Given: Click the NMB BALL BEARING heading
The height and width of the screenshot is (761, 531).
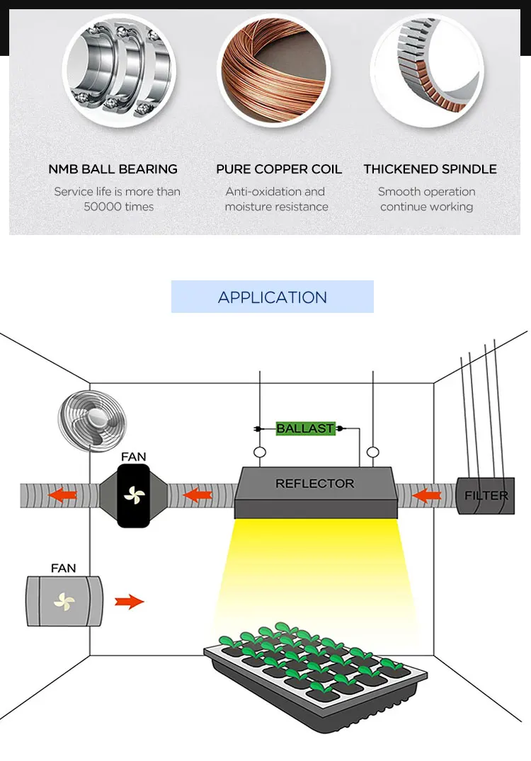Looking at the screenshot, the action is click(x=113, y=169).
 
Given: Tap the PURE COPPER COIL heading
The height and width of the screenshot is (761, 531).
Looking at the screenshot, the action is click(x=279, y=169).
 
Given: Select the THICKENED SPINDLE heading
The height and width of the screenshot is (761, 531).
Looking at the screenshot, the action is click(x=430, y=169).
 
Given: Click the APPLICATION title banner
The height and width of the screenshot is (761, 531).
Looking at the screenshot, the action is click(x=273, y=297).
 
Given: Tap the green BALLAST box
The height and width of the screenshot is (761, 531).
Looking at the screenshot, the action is click(x=305, y=428).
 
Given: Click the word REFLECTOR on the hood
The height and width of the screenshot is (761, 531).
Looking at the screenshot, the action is click(x=314, y=484).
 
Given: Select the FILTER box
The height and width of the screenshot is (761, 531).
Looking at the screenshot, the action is click(x=486, y=496).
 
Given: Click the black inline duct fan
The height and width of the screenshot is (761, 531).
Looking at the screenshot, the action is click(x=134, y=496).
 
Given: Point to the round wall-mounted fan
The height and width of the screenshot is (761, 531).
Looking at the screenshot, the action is click(x=92, y=420).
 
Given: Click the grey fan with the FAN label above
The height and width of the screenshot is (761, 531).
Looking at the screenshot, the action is click(x=64, y=601).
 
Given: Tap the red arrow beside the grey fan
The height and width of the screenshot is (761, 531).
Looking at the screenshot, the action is click(x=130, y=602).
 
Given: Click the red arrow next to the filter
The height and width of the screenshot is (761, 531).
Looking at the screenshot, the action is click(x=426, y=496).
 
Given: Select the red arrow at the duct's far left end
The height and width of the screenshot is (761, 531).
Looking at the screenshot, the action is click(x=62, y=495).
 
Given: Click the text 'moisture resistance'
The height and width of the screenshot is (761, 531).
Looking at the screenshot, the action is click(x=277, y=207).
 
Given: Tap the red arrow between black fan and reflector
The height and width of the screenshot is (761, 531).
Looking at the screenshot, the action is click(x=198, y=495).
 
